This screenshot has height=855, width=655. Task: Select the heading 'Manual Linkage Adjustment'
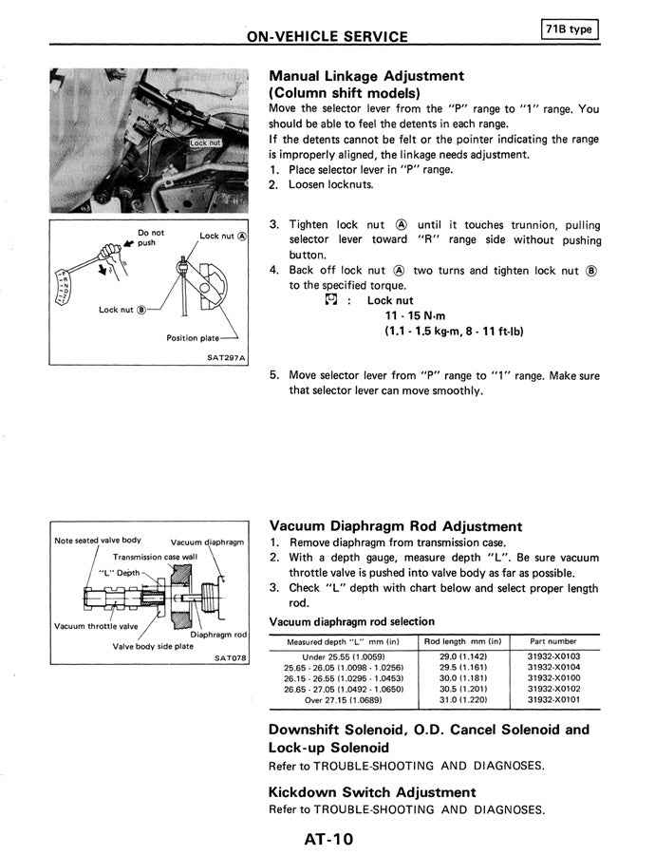click(366, 76)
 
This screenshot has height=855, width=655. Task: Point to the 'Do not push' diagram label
click(150, 237)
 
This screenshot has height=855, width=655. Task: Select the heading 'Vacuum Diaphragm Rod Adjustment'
click(396, 525)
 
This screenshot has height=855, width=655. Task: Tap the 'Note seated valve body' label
click(98, 541)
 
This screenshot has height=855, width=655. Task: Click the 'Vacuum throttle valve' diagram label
click(96, 626)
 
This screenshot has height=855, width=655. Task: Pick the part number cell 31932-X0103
click(553, 656)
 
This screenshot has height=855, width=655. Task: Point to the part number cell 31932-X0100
click(553, 678)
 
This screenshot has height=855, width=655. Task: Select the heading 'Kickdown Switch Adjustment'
click(372, 791)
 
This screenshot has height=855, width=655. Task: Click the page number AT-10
click(328, 838)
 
